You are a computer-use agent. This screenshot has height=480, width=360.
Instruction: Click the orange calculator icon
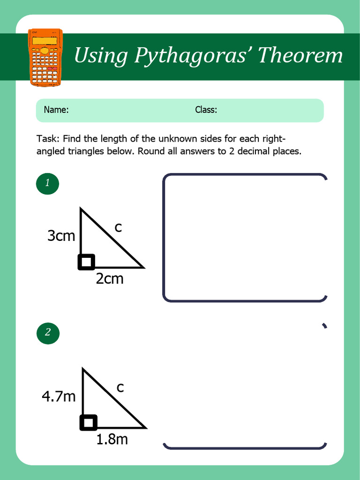[45, 58]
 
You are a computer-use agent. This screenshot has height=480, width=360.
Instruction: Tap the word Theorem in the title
[300, 55]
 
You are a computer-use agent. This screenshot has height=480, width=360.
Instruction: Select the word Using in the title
[101, 56]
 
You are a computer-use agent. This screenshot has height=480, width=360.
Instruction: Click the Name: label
[56, 110]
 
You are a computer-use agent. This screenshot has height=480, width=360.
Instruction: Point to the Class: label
[206, 110]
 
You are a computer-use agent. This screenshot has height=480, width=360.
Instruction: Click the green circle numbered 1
[47, 183]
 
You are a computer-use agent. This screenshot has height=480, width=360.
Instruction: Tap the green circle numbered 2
[47, 333]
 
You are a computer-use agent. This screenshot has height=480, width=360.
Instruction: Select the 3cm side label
[61, 236]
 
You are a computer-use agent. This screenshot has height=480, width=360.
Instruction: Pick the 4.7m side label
[59, 397]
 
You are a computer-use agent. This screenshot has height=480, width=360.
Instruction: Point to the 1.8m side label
[112, 439]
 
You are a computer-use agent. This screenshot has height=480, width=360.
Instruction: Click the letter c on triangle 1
[118, 228]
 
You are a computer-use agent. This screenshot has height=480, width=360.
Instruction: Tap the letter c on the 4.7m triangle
[120, 388]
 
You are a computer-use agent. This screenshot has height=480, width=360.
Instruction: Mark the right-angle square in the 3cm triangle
[86, 262]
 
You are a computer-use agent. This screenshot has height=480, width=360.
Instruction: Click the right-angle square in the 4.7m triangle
[89, 422]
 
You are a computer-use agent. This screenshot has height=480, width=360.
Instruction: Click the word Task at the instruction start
[47, 139]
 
